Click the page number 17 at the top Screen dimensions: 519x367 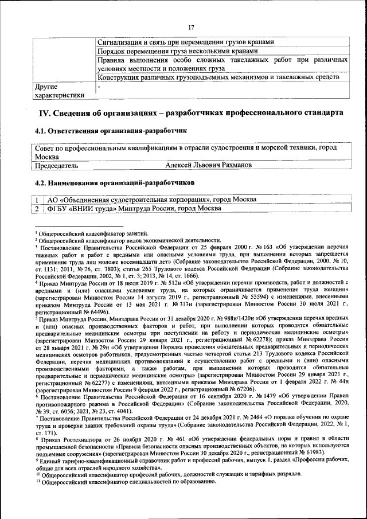192,27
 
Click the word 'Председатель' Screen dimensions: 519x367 57,165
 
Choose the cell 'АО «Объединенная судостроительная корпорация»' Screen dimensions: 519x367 152,199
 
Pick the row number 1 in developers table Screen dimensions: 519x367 37,199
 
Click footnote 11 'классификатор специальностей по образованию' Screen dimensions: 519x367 126,481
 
